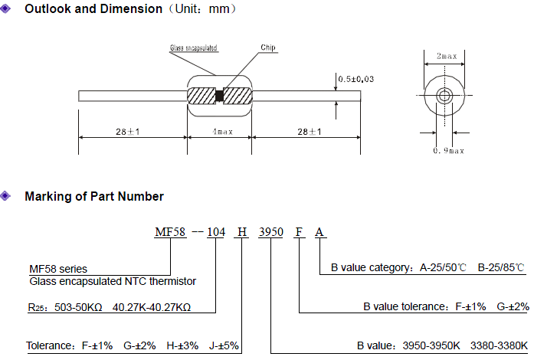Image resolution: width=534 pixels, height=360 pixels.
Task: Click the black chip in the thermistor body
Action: [x=219, y=97]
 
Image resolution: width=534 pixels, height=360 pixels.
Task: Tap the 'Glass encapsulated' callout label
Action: [x=193, y=48]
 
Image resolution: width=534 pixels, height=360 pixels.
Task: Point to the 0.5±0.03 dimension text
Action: [x=357, y=79]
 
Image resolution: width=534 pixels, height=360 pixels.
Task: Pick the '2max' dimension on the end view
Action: [x=445, y=57]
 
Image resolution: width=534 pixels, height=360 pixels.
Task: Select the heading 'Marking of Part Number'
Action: [x=94, y=197]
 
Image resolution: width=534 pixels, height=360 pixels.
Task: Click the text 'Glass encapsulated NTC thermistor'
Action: [x=112, y=281]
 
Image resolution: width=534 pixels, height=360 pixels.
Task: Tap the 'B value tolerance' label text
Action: [x=409, y=306]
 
